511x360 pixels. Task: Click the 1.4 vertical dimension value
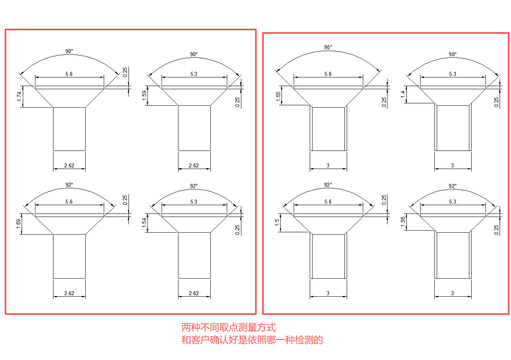coord(403,94)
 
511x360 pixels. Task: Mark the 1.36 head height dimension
coord(403,222)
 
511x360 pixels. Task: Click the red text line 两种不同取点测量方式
coord(228,327)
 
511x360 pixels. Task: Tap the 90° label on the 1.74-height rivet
coord(69,51)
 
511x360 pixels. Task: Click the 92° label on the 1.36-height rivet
coord(452,186)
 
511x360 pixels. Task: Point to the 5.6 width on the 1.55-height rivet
coord(328,74)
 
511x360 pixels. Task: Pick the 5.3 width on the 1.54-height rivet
coord(194,202)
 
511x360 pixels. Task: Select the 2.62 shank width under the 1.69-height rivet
coord(69,293)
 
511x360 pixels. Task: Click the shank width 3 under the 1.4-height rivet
coord(452,165)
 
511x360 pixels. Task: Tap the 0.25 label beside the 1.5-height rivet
coord(384,200)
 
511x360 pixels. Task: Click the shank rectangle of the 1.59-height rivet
coord(194,128)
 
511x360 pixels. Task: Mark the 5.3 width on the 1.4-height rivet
coord(452,74)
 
